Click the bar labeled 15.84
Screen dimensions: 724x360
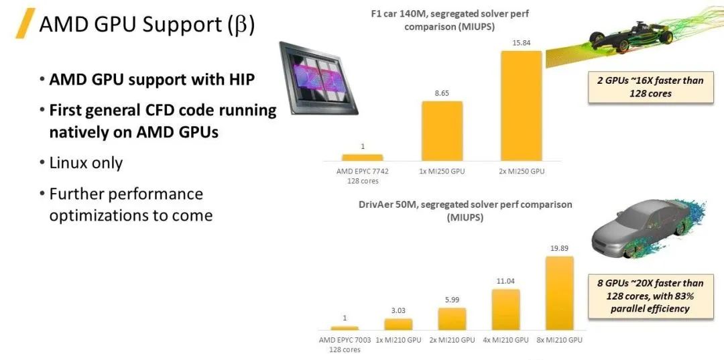pyautogui.click(x=521, y=106)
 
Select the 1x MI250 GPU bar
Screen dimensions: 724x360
pyautogui.click(x=442, y=131)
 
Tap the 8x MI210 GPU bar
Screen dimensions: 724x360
pyautogui.click(x=559, y=293)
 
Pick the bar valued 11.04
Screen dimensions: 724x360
pyautogui.click(x=505, y=310)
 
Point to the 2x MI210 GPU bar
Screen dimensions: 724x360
pyautogui.click(x=452, y=319)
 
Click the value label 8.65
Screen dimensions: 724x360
pyautogui.click(x=442, y=93)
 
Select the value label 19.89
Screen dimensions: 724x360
pyautogui.click(x=560, y=248)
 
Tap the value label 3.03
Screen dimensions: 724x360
pyautogui.click(x=398, y=310)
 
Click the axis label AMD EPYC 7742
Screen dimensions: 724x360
pyautogui.click(x=363, y=171)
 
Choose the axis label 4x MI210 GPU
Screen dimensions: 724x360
pyautogui.click(x=505, y=340)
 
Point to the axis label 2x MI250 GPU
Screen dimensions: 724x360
pyautogui.click(x=521, y=171)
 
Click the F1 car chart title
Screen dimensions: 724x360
pyautogui.click(x=450, y=20)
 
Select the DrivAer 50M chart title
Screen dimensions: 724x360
pyautogui.click(x=465, y=211)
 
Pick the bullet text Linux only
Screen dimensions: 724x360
pyautogui.click(x=86, y=163)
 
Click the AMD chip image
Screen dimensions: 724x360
pyautogui.click(x=318, y=78)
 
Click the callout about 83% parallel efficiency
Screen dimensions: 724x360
pyautogui.click(x=650, y=296)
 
